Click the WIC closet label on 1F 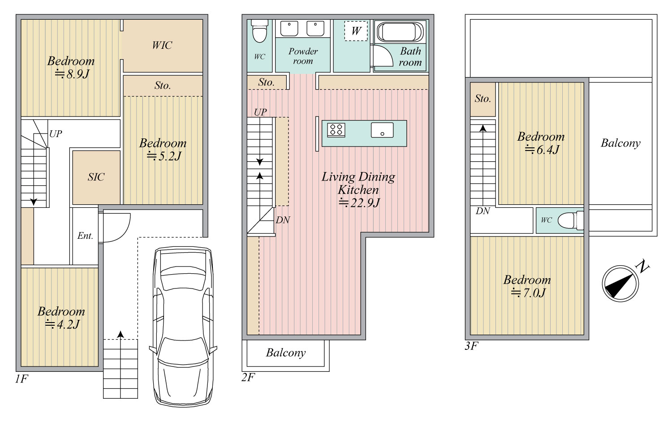(x=162, y=45)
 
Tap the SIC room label (x=96, y=177)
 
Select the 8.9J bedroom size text (x=72, y=74)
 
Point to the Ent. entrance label (x=85, y=236)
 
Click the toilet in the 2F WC (x=259, y=31)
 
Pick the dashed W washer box (x=356, y=31)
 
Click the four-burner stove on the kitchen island (x=336, y=130)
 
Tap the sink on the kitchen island (x=382, y=130)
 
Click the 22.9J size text (x=359, y=203)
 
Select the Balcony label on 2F (x=286, y=353)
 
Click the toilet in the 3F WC (x=571, y=220)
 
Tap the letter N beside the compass (x=642, y=267)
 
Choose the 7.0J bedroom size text (x=528, y=293)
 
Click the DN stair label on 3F (x=482, y=211)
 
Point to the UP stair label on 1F (x=56, y=134)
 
